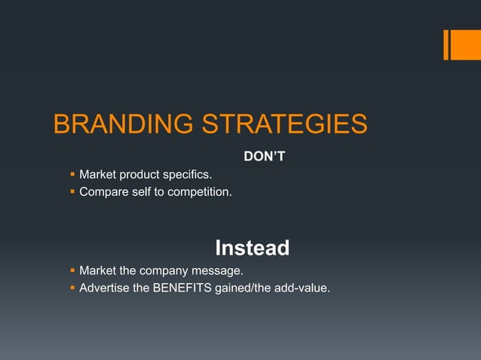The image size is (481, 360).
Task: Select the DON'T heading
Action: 264,157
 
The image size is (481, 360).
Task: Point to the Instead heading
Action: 252,248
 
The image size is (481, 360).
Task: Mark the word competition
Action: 198,192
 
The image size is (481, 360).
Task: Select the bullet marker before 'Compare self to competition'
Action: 72,192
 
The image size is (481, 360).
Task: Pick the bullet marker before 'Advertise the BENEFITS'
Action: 72,287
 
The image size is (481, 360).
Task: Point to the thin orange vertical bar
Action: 446,44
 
